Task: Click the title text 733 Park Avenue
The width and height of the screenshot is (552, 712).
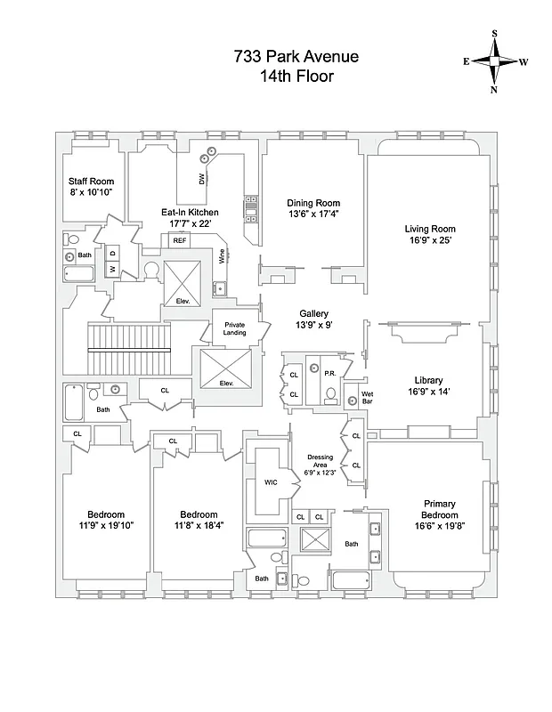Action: pos(296,57)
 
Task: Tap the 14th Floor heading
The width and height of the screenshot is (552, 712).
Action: pos(296,77)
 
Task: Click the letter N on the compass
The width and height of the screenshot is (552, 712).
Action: pos(495,89)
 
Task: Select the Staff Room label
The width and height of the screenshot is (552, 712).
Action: pos(92,182)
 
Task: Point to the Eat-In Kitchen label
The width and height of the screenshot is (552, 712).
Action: pos(190,213)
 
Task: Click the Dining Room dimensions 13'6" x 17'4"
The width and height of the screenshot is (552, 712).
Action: pos(313,214)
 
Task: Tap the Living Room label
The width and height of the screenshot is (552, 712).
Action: pos(430,229)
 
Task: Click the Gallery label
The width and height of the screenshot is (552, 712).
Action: pos(313,314)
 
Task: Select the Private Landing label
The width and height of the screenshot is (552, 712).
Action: pos(234,329)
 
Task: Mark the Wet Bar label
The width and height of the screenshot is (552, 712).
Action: pos(365,396)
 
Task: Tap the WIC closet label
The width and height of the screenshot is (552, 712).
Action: pos(272,481)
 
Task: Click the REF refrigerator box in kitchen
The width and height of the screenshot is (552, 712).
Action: pos(180,240)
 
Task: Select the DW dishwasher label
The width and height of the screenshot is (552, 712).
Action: pos(201,179)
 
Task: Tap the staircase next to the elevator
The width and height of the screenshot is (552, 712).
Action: pos(128,349)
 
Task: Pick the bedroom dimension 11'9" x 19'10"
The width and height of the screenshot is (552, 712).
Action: pos(105,526)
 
